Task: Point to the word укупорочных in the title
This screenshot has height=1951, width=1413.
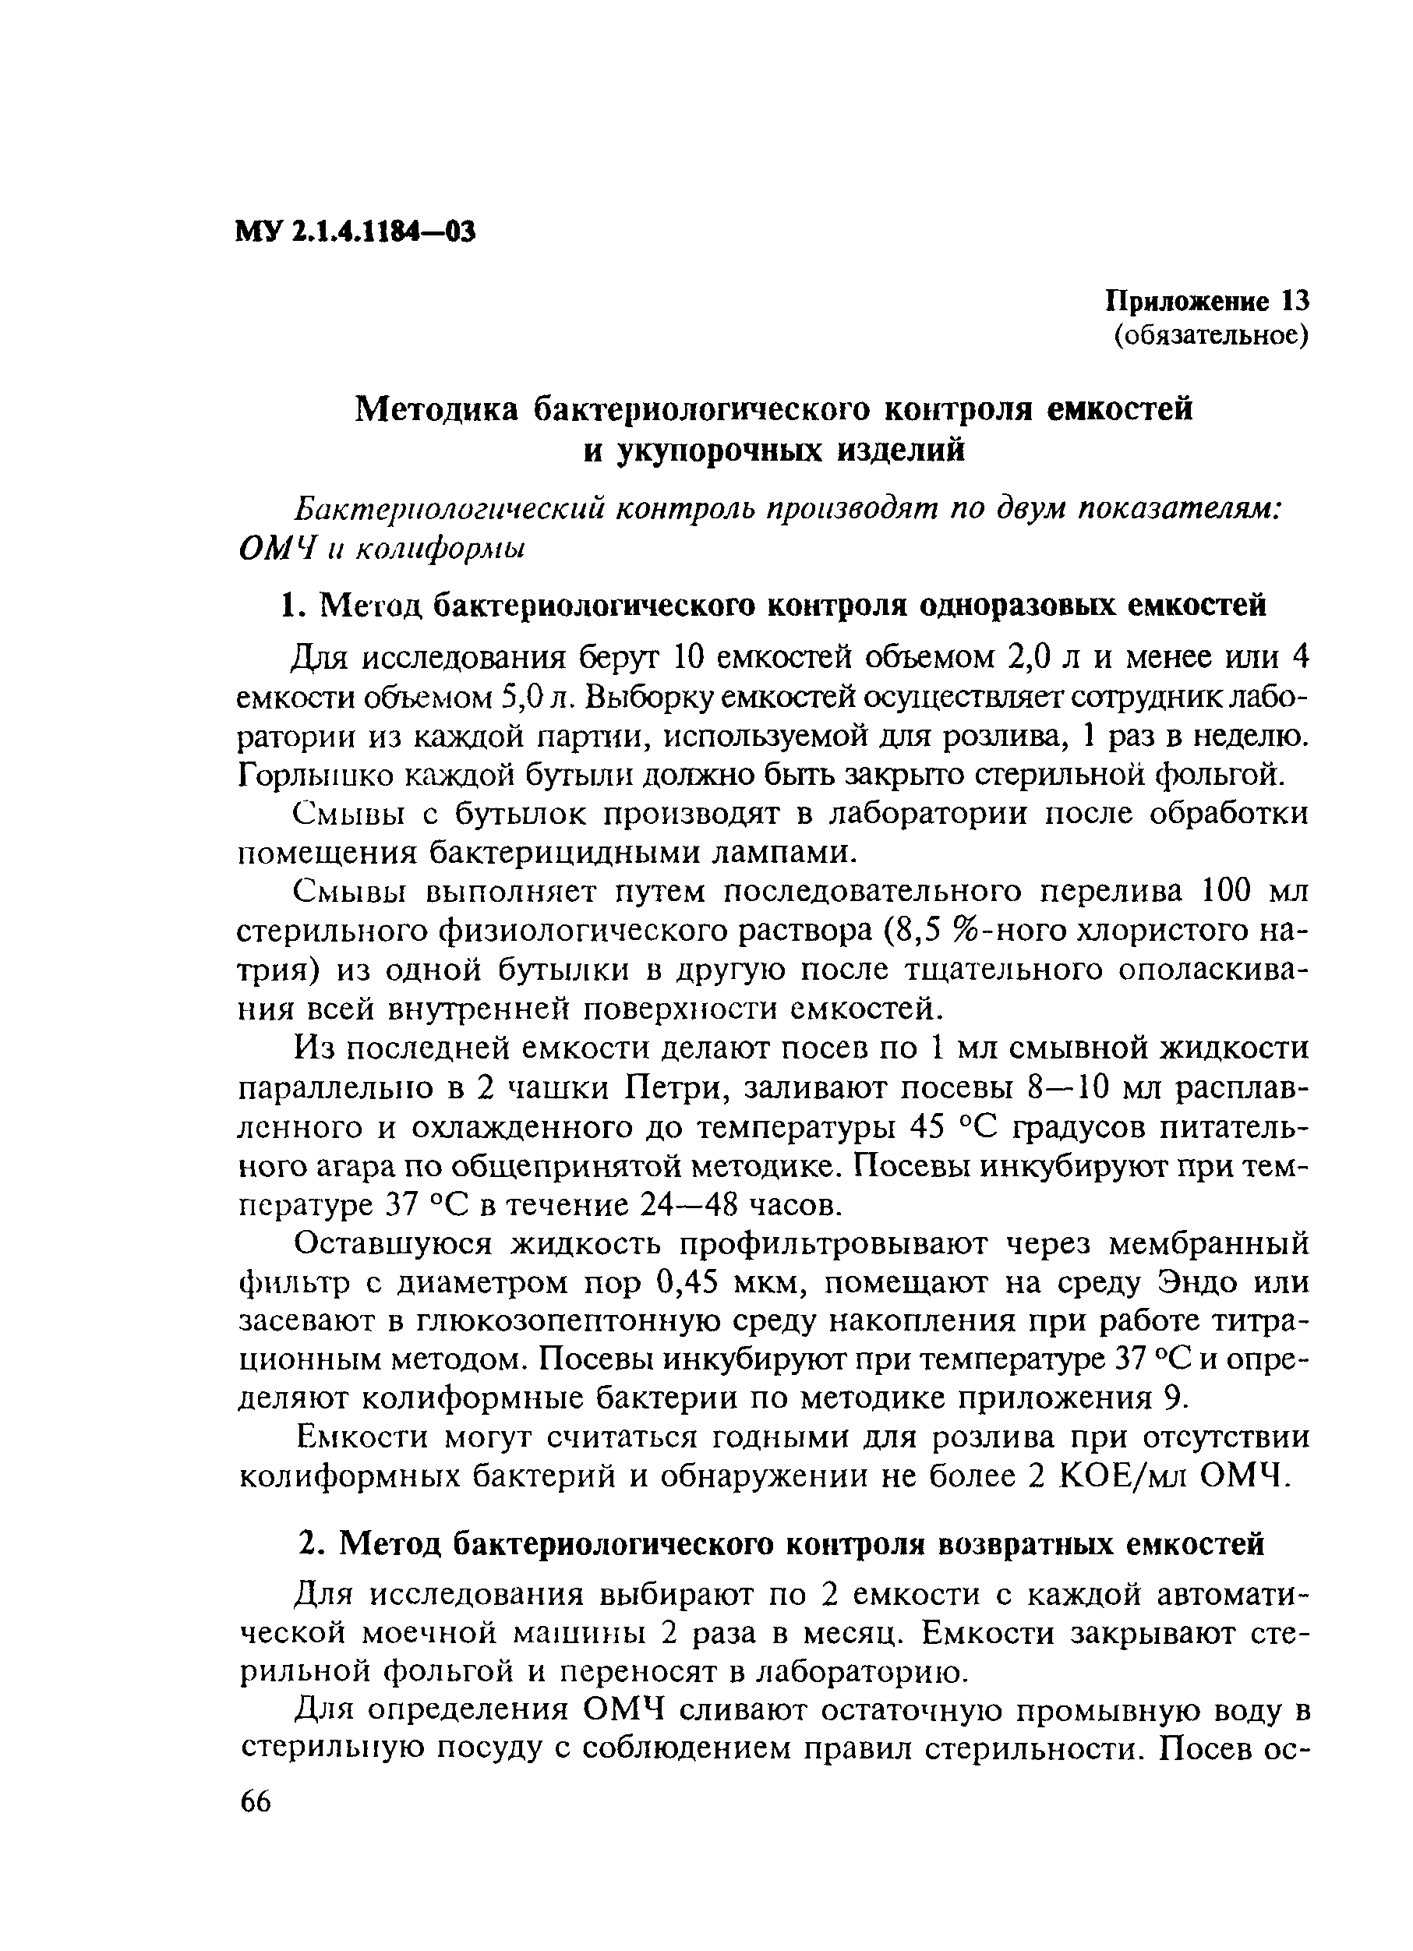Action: click(719, 450)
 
